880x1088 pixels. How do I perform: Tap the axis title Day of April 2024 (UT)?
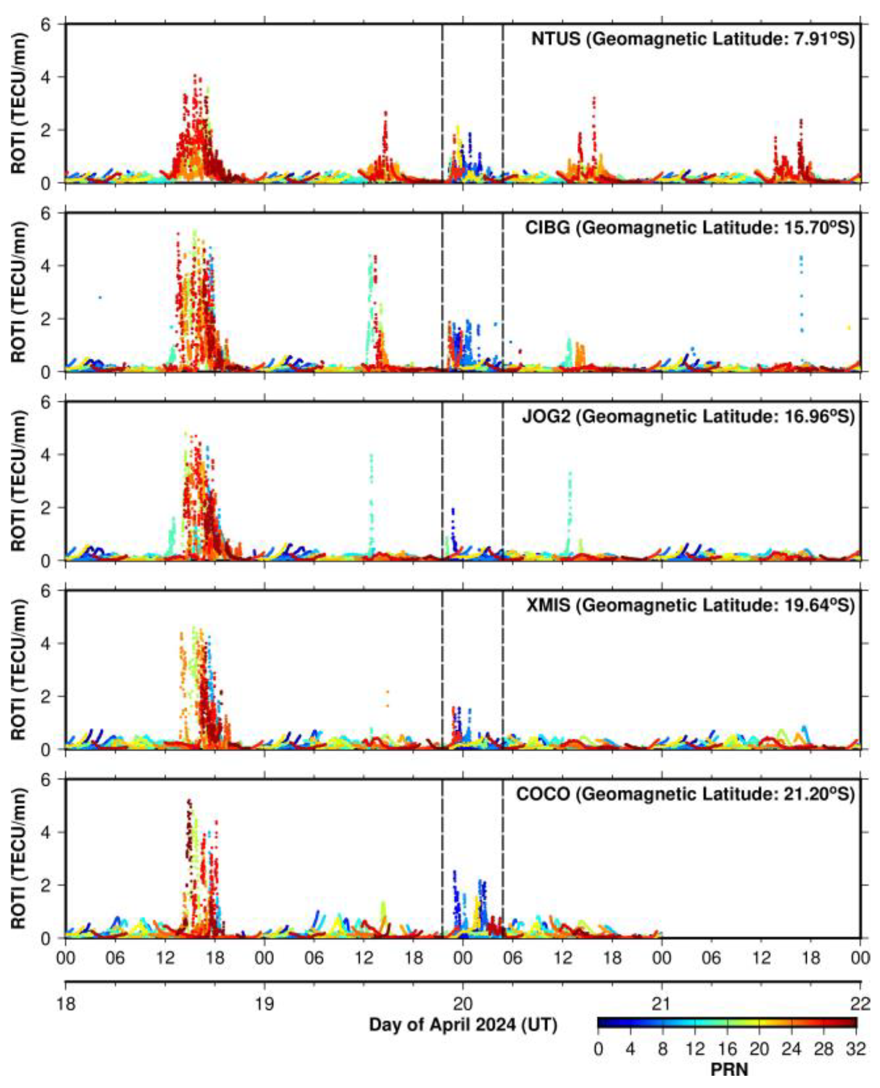pyautogui.click(x=463, y=1024)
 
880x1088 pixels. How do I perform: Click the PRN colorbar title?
pyautogui.click(x=729, y=1069)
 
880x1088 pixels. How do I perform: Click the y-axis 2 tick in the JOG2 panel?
pyautogui.click(x=50, y=507)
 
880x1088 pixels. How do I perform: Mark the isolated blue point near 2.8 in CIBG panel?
pyautogui.click(x=100, y=298)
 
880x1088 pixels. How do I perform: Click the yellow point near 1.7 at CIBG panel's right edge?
pyautogui.click(x=849, y=327)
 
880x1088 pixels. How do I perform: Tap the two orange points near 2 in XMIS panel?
pyautogui.click(x=387, y=698)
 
